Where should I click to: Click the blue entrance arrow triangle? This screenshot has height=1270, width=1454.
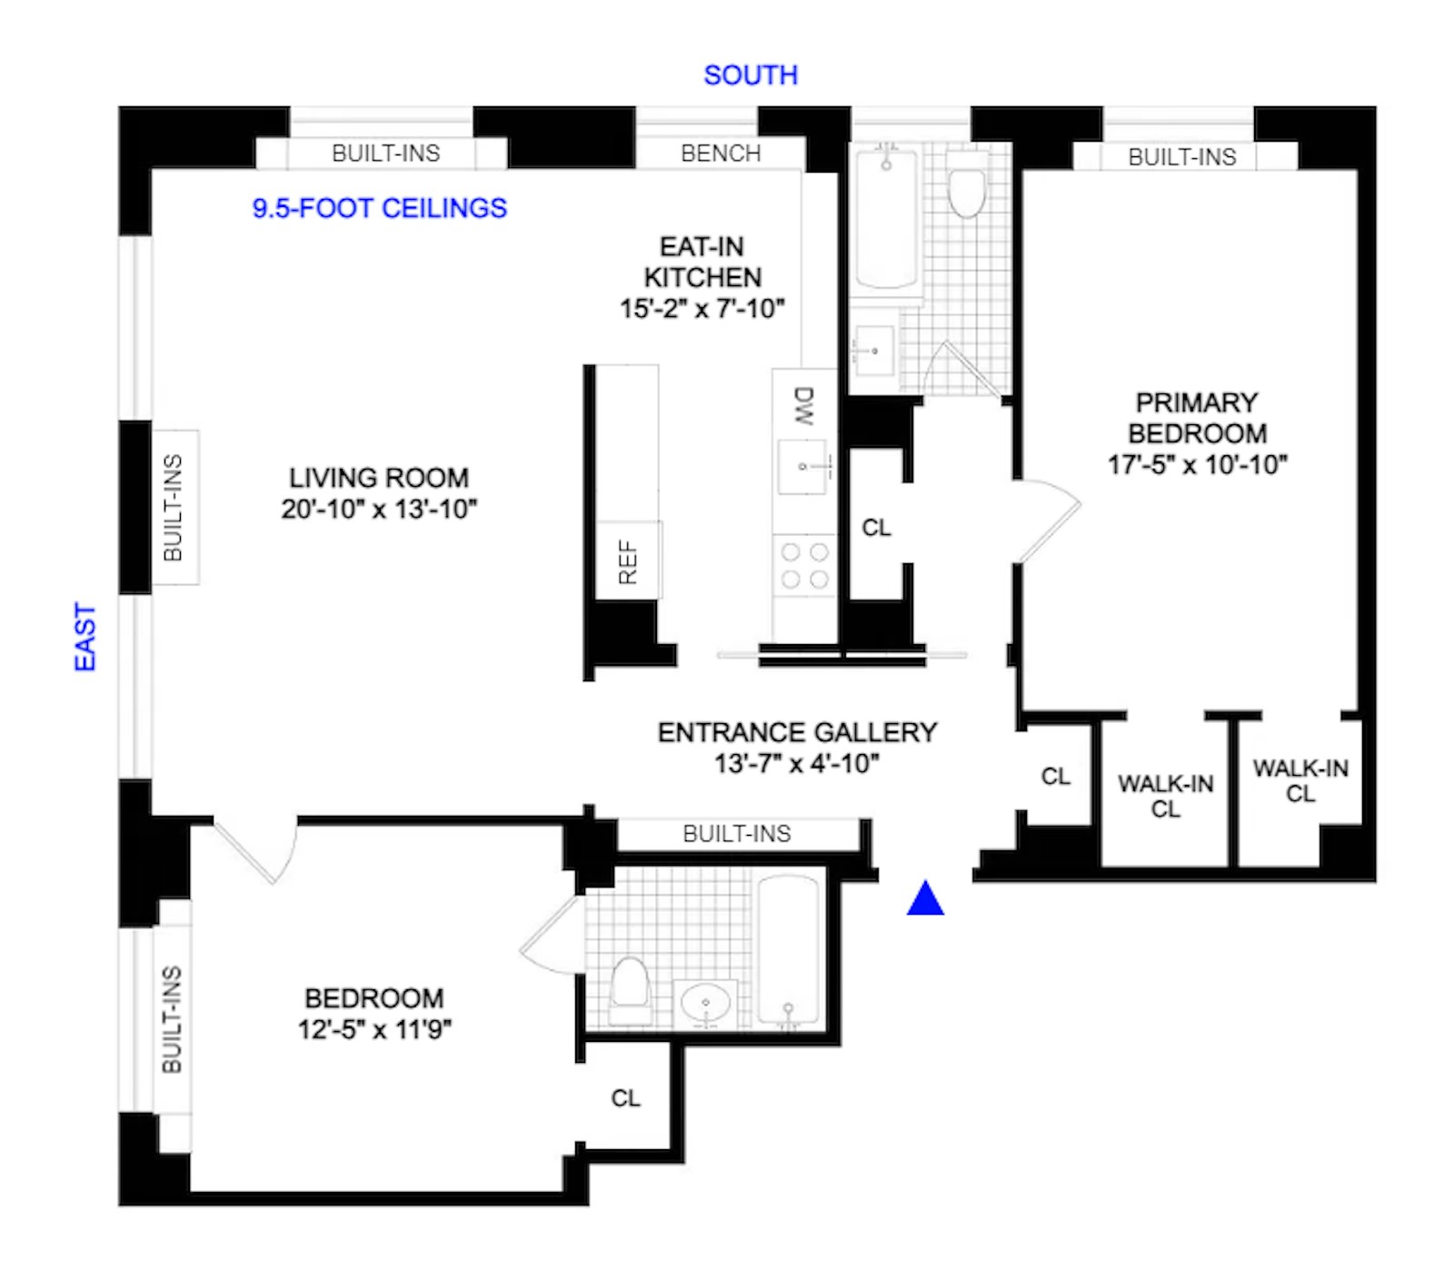[x=925, y=899]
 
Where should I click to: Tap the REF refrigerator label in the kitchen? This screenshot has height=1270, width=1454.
[x=628, y=561]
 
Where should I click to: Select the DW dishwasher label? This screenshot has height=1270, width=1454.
[x=803, y=406]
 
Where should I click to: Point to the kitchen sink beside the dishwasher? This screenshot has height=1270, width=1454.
[x=802, y=467]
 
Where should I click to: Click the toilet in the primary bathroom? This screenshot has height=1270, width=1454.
[x=966, y=187]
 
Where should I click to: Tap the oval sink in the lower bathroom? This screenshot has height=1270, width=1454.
[x=705, y=1004]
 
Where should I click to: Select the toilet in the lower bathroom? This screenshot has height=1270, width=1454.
[x=630, y=988]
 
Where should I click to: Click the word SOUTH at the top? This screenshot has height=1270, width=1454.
[x=751, y=75]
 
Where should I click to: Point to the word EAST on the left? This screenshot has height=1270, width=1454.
[x=85, y=637]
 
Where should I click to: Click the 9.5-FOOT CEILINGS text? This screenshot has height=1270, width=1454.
[x=379, y=208]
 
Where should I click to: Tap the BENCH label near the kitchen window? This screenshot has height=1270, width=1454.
[x=721, y=154]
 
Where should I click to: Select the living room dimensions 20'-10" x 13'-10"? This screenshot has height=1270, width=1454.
[x=379, y=509]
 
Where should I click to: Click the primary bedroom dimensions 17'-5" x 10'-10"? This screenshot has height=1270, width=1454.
[x=1197, y=464]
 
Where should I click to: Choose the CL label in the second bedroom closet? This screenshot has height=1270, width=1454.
[x=625, y=1098]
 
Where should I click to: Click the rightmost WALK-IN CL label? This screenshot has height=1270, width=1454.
[x=1300, y=780]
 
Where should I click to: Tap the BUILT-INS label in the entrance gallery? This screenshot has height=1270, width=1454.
[x=737, y=833]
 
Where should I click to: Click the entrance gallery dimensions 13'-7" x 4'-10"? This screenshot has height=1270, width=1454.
[x=797, y=763]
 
